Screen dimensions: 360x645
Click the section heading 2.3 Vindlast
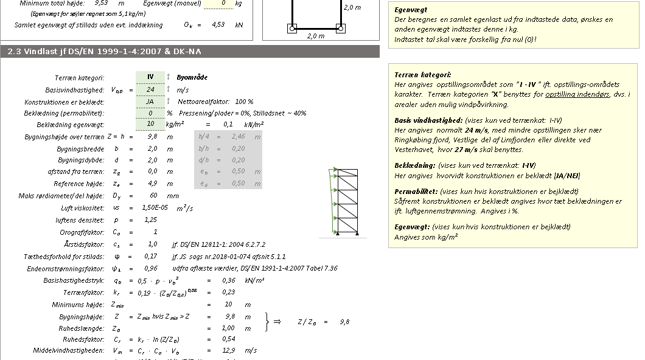click(x=104, y=52)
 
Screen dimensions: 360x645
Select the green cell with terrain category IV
click(x=150, y=77)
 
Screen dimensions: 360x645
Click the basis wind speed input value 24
click(x=150, y=89)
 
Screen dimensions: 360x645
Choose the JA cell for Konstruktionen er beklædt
click(x=150, y=101)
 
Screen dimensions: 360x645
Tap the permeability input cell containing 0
click(x=150, y=113)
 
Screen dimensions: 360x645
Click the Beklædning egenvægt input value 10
click(x=150, y=125)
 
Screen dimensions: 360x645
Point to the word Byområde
click(x=192, y=78)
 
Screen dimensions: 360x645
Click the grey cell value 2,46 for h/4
click(x=238, y=137)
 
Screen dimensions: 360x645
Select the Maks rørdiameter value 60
click(x=153, y=195)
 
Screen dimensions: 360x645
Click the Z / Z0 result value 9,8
click(x=344, y=322)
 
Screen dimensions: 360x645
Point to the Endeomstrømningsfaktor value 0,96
click(x=151, y=268)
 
